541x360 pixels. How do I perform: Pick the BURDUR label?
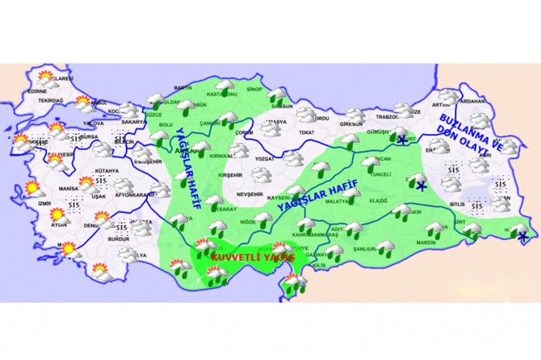tap(118, 240)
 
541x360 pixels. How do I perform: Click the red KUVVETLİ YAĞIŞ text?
tap(241, 257)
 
